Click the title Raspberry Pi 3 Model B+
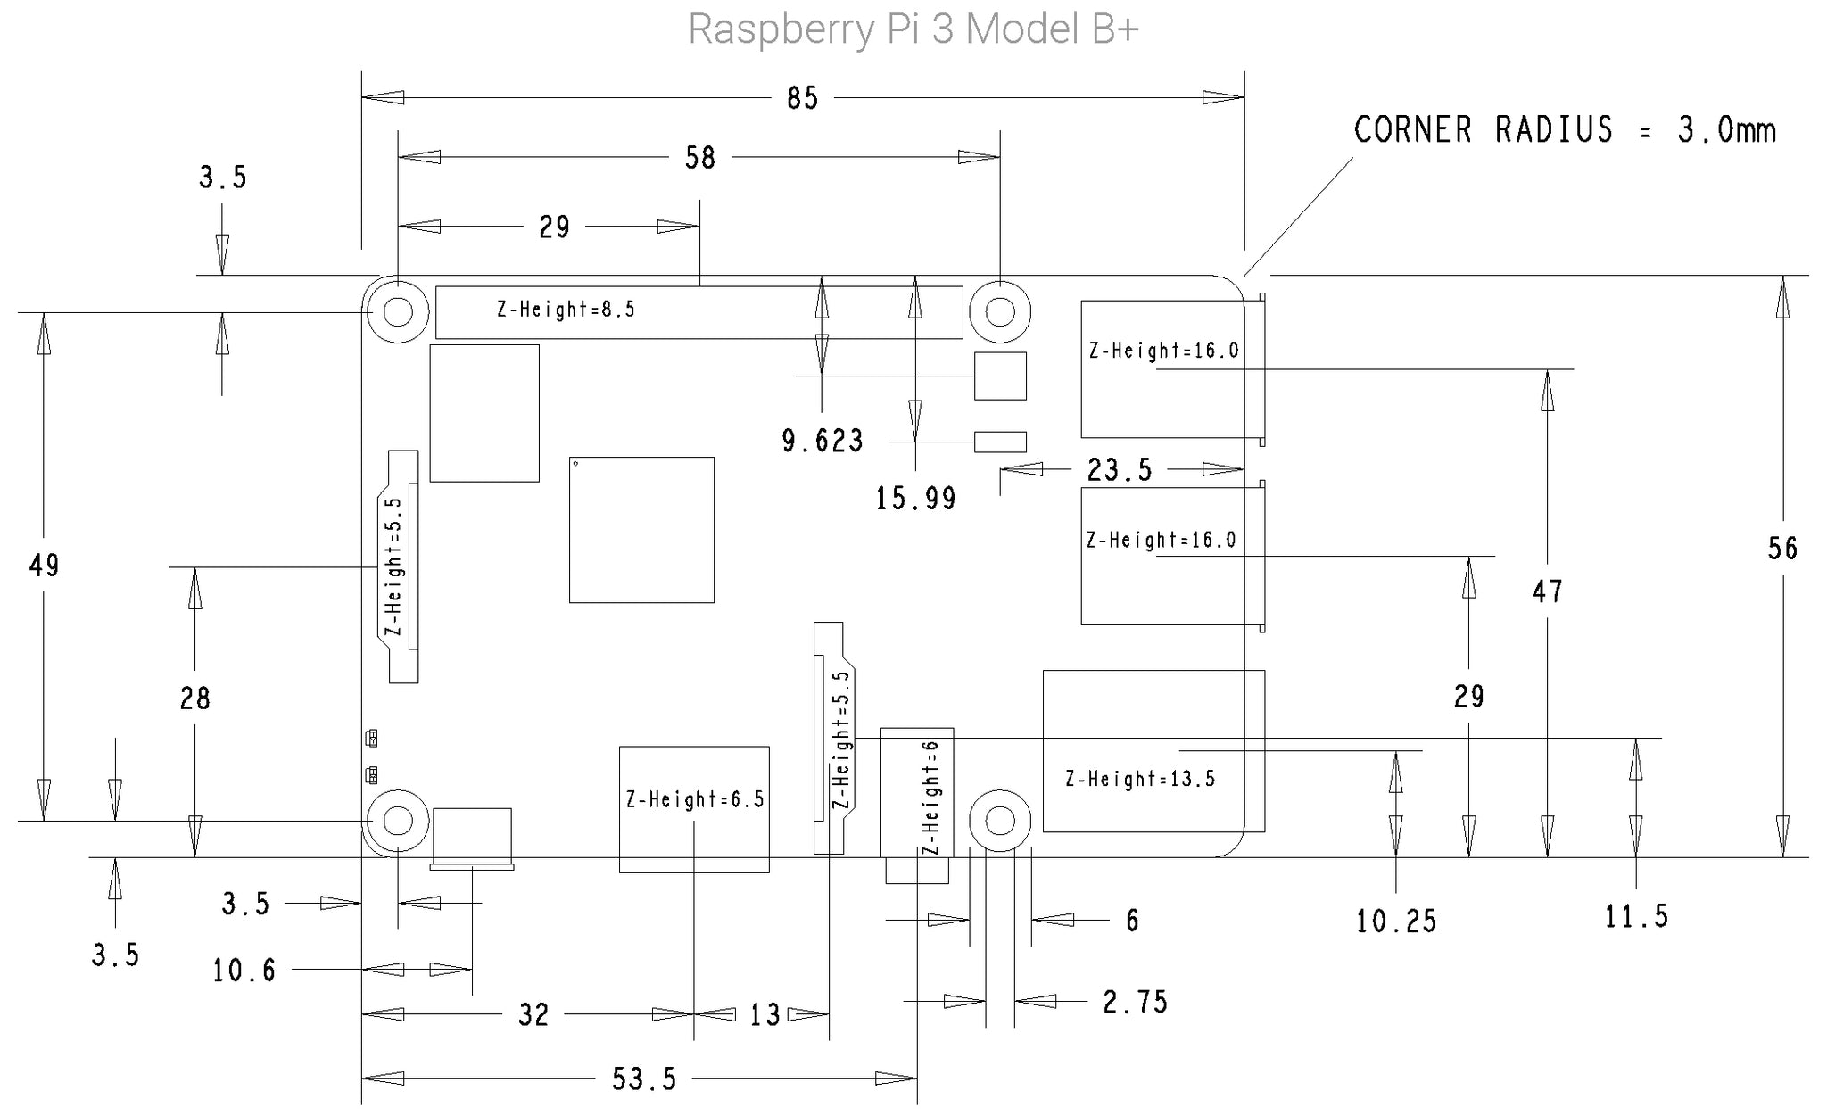(913, 29)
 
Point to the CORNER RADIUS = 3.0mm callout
(1565, 130)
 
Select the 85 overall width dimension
(802, 98)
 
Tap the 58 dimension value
(700, 158)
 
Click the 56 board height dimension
(1782, 549)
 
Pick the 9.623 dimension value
(823, 441)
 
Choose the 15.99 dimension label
(915, 499)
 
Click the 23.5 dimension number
(1120, 469)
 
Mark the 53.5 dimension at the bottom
(644, 1079)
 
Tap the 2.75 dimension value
(1135, 1003)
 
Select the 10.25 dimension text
(1396, 922)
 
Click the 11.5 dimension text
(1636, 916)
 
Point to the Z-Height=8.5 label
(566, 310)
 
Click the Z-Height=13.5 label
(1140, 779)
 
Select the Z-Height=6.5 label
(695, 799)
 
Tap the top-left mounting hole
(398, 312)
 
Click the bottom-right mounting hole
(1000, 821)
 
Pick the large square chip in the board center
(641, 530)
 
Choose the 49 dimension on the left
(44, 566)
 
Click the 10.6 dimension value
(244, 971)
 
